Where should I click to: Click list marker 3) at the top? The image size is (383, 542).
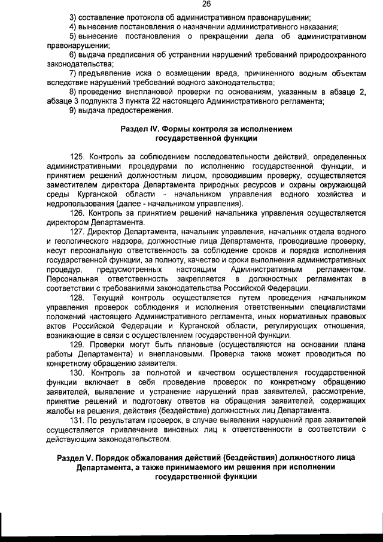[x=73, y=16]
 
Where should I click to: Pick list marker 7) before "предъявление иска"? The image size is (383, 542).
[x=73, y=72]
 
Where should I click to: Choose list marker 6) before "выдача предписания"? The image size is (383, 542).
[x=73, y=54]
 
